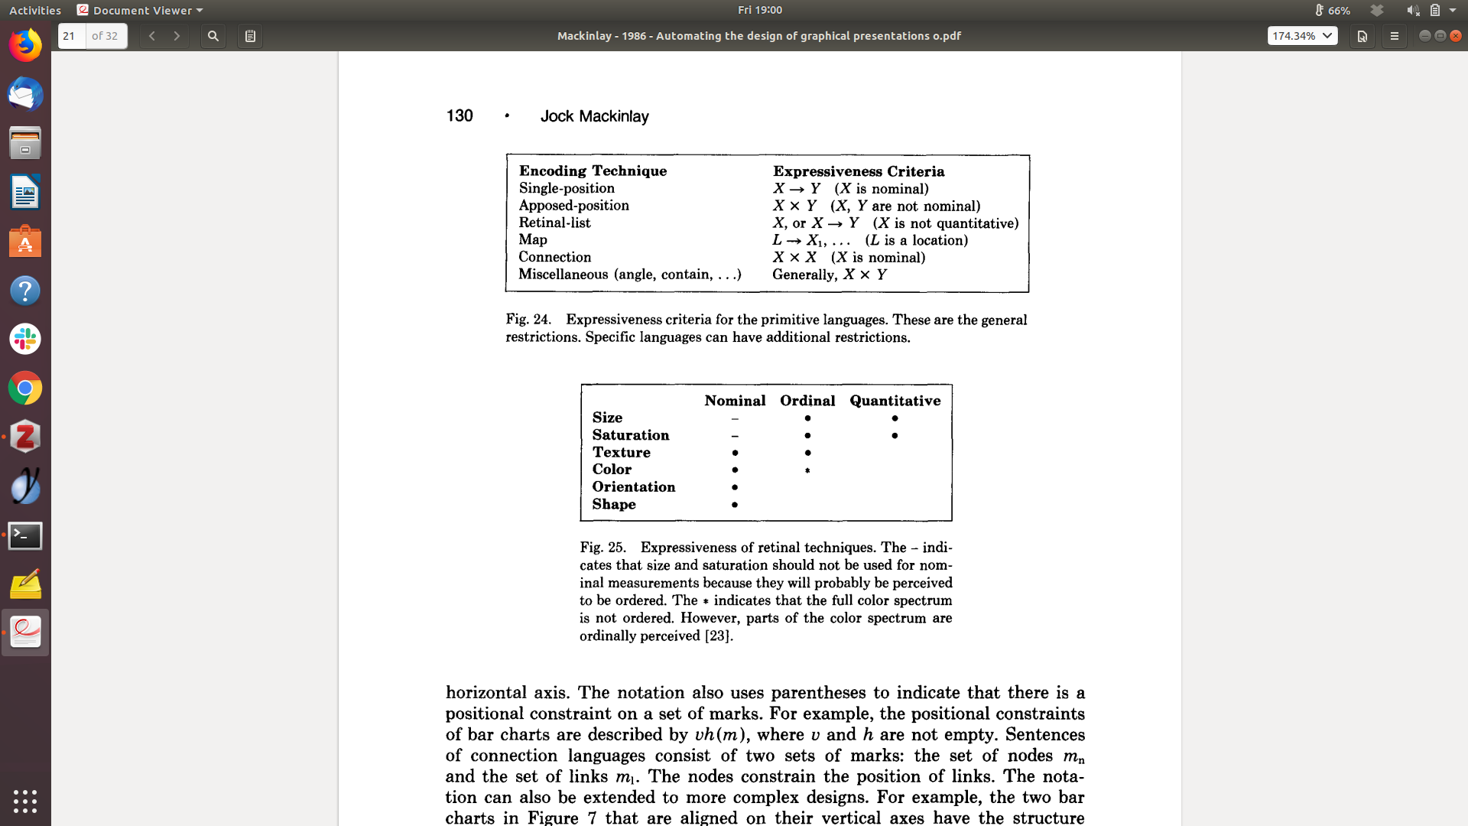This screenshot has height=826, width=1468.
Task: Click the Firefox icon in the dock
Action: [x=25, y=45]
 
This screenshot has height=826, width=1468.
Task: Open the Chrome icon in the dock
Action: [x=25, y=389]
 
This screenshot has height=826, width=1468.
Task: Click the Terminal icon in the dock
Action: [x=25, y=535]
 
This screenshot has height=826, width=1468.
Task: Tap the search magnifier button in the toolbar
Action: [x=213, y=36]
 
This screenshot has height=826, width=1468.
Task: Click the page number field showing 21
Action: [x=72, y=36]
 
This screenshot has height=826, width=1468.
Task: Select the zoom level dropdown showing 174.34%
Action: [x=1302, y=36]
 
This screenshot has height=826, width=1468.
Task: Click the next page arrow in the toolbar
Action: [x=177, y=36]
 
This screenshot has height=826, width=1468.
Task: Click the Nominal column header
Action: [x=735, y=401]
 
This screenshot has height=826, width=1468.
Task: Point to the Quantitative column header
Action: [x=895, y=401]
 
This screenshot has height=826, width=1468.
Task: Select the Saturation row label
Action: [x=631, y=435]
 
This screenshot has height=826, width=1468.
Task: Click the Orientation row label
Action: [x=634, y=487]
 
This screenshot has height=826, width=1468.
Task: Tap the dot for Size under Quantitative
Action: [x=895, y=418]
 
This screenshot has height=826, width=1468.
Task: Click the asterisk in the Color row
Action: [x=807, y=470]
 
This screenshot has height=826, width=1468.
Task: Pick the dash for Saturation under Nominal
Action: [x=735, y=436]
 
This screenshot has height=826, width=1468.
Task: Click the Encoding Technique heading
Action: [x=593, y=171]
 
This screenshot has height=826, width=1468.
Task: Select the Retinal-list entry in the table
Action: [x=554, y=223]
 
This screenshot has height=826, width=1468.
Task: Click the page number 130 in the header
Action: [x=460, y=115]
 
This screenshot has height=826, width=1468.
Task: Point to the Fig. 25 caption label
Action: [x=602, y=548]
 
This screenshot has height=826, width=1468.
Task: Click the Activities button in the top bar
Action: [x=35, y=10]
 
